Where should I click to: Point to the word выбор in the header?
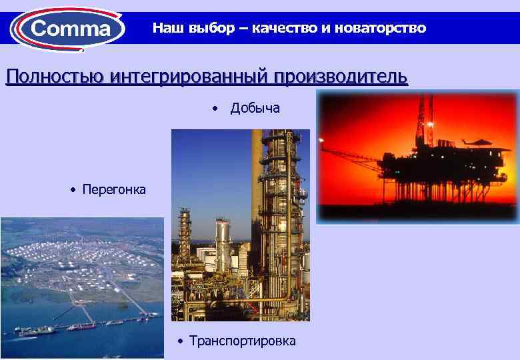coord(201,28)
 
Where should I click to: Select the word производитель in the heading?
coord(339,77)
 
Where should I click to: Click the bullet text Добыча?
coord(255,108)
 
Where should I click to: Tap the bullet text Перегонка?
coord(114,190)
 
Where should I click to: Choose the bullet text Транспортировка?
coord(243,341)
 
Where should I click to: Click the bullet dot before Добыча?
coord(215,109)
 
